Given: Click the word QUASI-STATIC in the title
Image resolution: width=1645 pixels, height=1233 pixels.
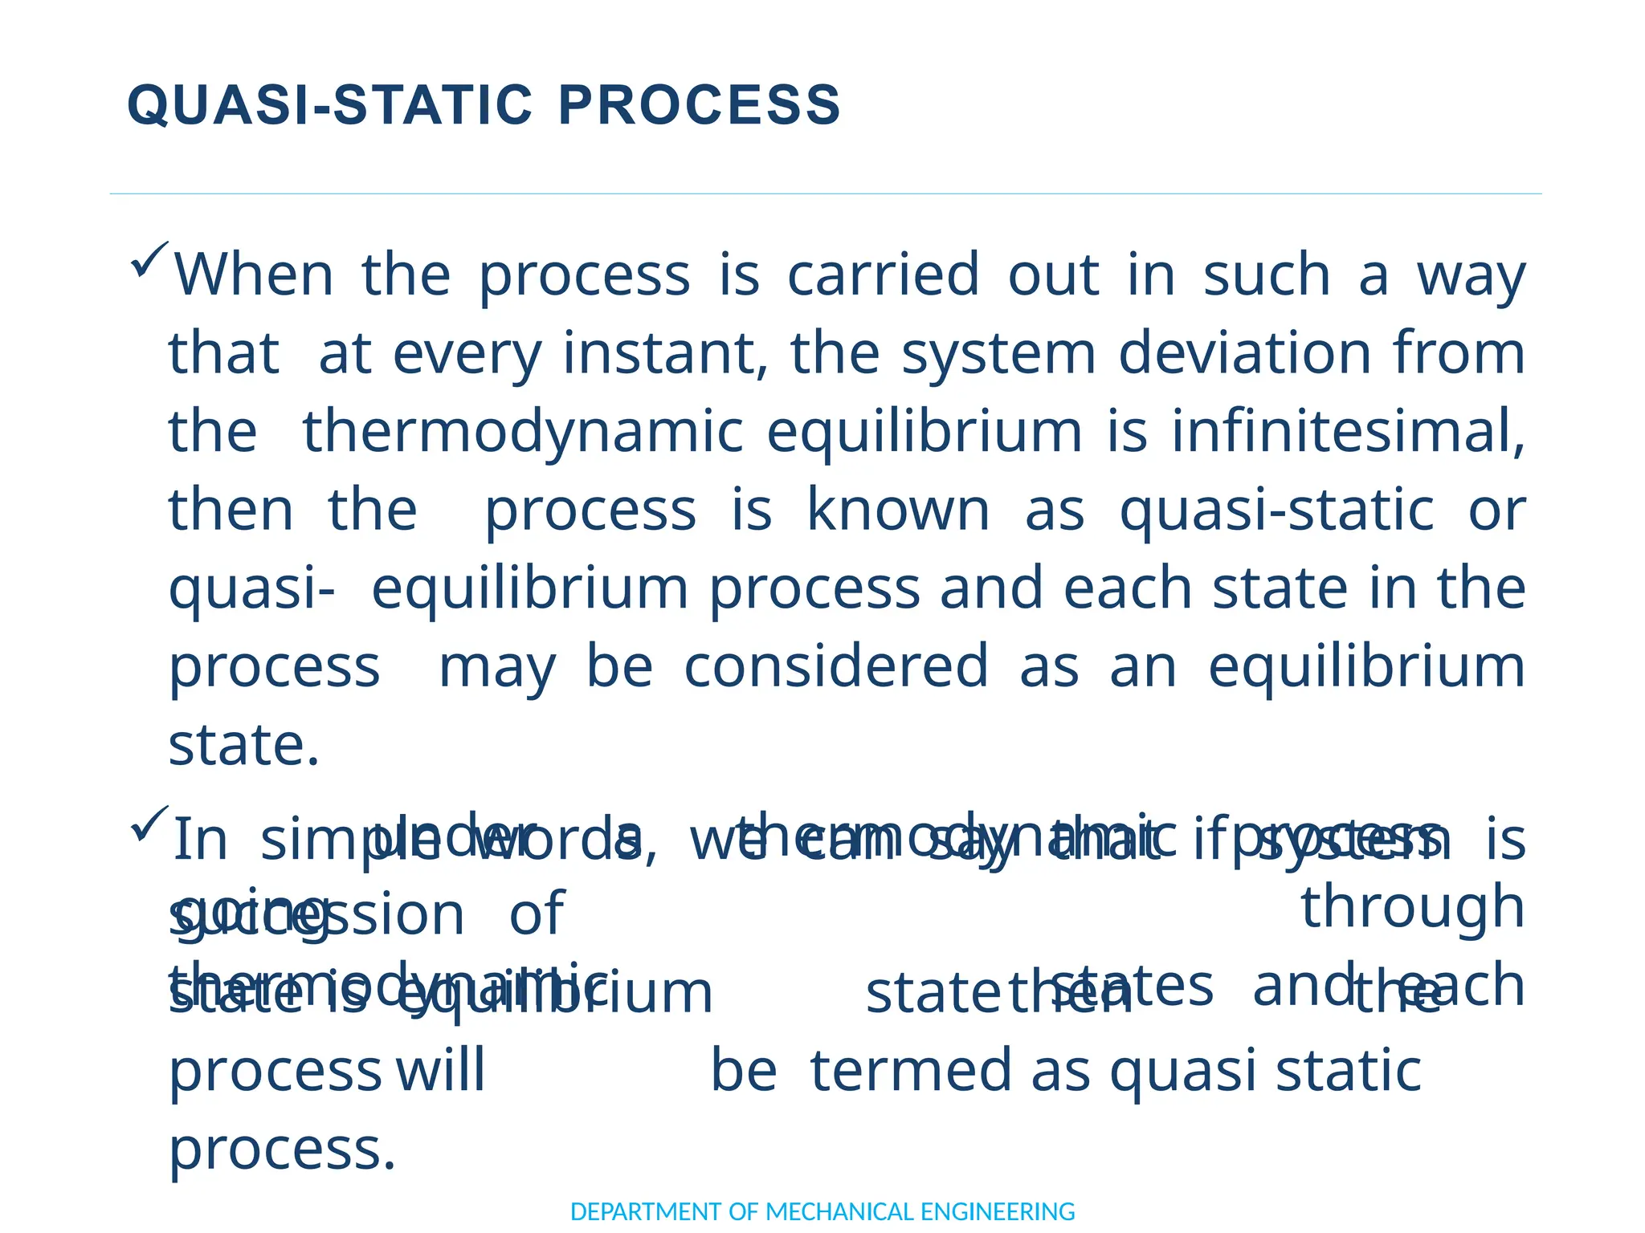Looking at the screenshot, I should pyautogui.click(x=329, y=106).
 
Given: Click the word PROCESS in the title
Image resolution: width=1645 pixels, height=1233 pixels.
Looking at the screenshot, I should pyautogui.click(x=699, y=106).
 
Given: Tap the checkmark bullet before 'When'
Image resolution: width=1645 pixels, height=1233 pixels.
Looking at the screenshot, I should pyautogui.click(x=149, y=260).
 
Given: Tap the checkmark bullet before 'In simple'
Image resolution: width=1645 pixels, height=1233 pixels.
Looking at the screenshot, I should pyautogui.click(x=149, y=824).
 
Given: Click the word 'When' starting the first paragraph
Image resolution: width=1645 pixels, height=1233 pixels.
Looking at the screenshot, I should pyautogui.click(x=254, y=275).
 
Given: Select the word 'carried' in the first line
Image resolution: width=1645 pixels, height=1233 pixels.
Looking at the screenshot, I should pyautogui.click(x=884, y=275).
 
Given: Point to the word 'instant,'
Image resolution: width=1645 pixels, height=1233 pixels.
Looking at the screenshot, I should pyautogui.click(x=665, y=354).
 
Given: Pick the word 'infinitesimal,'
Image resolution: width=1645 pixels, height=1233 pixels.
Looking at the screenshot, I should pyautogui.click(x=1348, y=433).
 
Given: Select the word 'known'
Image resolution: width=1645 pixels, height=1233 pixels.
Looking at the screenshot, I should pyautogui.click(x=898, y=511).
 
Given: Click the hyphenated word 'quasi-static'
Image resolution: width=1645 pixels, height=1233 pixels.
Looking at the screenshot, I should pyautogui.click(x=1277, y=511).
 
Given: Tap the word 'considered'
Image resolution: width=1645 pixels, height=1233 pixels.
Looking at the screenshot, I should pyautogui.click(x=835, y=668).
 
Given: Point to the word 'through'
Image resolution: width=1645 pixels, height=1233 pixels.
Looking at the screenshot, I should pyautogui.click(x=1412, y=907).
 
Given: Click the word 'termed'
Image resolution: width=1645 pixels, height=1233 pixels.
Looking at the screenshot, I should pyautogui.click(x=911, y=1072).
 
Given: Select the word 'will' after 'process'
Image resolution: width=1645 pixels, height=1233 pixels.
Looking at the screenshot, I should pyautogui.click(x=440, y=1072).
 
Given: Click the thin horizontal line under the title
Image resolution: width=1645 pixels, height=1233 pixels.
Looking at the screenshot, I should pyautogui.click(x=825, y=193).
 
